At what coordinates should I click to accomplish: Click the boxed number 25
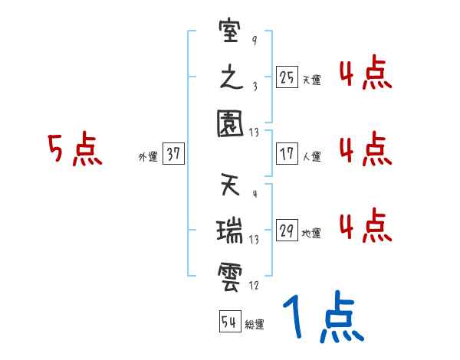pos(287,77)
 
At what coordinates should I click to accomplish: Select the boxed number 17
pos(287,154)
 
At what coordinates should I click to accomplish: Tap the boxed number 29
pos(287,231)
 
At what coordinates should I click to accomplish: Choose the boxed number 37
pos(173,154)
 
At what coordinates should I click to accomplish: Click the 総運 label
pos(255,325)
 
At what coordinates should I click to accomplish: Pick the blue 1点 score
pos(323,319)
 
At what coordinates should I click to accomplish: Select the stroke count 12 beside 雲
pos(255,285)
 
